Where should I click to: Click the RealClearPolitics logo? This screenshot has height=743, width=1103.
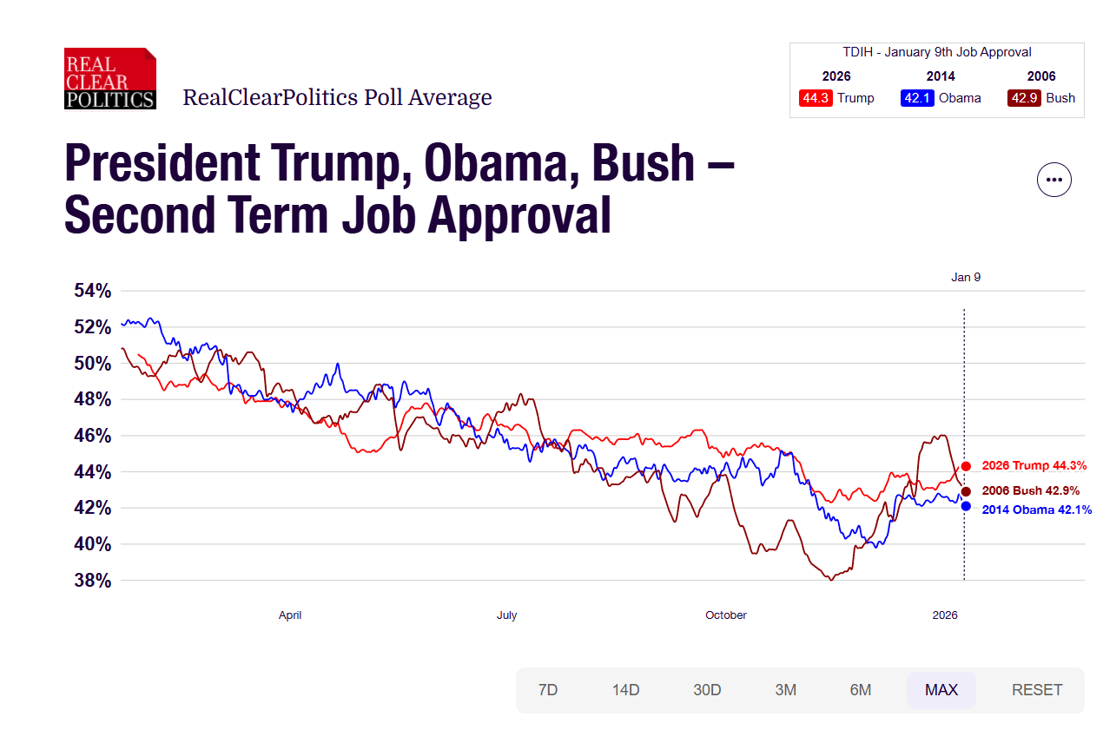point(110,79)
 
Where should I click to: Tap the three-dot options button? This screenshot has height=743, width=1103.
point(1053,180)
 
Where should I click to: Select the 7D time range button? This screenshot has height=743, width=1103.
point(548,690)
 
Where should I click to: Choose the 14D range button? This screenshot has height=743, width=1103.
point(625,690)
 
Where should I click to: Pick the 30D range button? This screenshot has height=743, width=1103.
point(707,690)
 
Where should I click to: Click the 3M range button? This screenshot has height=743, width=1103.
point(785,690)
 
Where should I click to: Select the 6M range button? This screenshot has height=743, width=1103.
point(860,690)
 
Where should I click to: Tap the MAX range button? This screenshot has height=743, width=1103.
point(941,690)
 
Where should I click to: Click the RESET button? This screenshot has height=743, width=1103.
point(1037,690)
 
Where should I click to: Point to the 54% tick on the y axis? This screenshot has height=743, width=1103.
point(92,292)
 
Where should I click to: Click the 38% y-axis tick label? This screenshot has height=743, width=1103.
point(92,581)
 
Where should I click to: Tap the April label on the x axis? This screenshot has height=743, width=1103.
point(290,615)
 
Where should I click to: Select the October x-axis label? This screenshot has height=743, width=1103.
point(726,615)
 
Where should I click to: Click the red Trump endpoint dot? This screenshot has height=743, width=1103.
point(966,466)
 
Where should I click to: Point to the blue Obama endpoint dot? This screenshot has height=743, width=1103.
point(966,506)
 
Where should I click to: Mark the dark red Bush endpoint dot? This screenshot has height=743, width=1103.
point(966,491)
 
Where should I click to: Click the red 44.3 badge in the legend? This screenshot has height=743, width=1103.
point(816,98)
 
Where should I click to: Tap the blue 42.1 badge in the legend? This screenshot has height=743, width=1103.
point(917,98)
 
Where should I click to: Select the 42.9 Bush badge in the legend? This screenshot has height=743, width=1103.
point(1024,98)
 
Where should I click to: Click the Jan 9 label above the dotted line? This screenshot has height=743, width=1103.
point(966,278)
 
